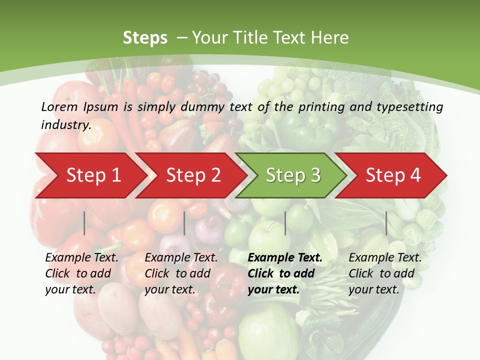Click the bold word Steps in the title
pos(145,38)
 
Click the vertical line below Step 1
pos(84,223)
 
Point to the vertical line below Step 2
pos(184,223)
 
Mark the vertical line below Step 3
pos(285,223)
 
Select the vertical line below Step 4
pos(386,223)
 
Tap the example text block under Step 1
pos(81,273)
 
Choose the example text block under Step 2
pos(181,273)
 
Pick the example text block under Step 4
pos(385,273)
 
